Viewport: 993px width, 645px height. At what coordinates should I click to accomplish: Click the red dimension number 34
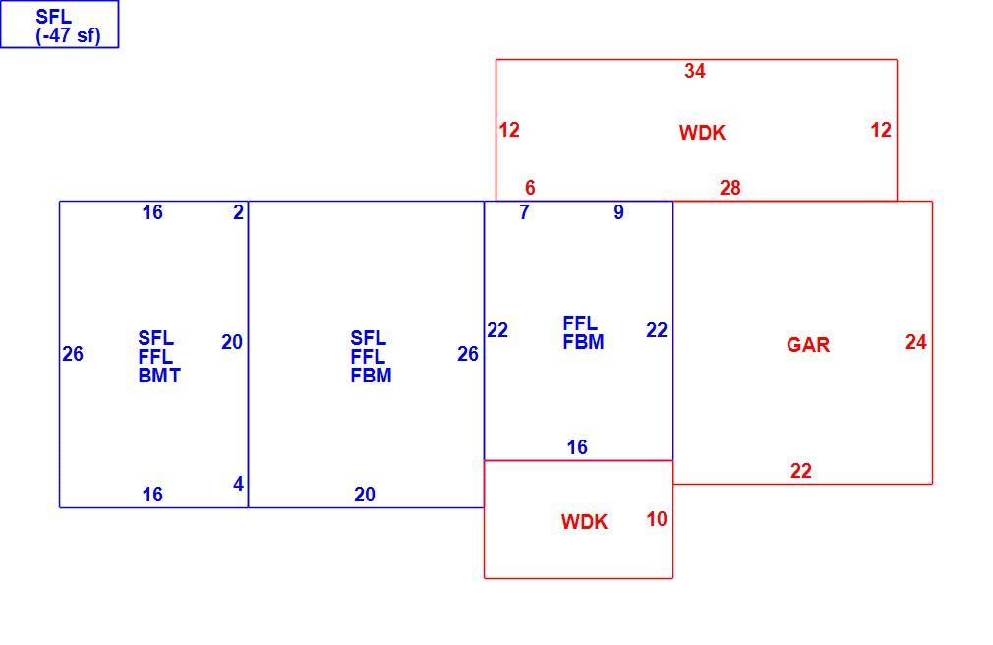(695, 71)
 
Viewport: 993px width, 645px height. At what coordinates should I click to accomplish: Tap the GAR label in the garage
(808, 345)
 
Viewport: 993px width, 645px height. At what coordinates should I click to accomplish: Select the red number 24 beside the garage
(915, 342)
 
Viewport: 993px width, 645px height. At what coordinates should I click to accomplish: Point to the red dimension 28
(730, 188)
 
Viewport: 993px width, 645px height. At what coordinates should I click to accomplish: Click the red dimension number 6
(530, 188)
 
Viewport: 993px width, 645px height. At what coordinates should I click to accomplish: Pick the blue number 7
(524, 212)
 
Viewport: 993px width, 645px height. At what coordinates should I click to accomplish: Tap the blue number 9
(618, 212)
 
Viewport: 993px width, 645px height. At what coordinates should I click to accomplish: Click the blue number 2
(238, 212)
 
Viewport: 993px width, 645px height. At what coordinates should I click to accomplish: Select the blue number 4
(238, 484)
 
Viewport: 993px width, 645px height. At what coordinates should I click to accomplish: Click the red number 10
(657, 519)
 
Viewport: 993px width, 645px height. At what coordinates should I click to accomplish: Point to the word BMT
(159, 376)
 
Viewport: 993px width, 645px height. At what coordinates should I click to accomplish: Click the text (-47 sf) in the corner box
(69, 35)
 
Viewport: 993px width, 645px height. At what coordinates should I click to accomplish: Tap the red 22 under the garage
(801, 471)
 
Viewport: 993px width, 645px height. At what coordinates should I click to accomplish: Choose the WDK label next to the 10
(585, 522)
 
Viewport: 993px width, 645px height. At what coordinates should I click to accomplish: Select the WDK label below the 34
(702, 133)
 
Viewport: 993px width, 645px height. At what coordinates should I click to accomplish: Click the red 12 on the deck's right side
(881, 130)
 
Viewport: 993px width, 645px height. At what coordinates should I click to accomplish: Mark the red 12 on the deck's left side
(509, 130)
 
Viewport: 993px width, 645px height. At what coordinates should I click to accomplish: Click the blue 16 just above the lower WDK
(577, 447)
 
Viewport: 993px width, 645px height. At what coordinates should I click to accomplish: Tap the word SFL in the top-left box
(54, 17)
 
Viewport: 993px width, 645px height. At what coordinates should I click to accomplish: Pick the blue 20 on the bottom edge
(365, 495)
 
